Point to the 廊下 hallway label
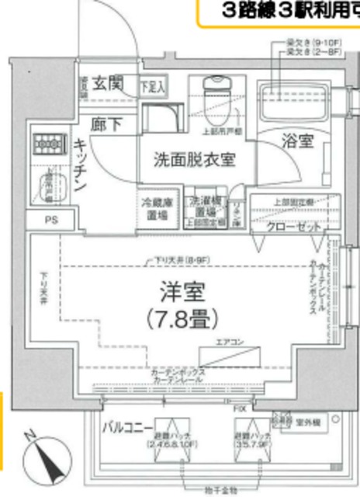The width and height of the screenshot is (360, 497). (103, 123)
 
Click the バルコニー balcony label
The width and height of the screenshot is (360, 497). (128, 428)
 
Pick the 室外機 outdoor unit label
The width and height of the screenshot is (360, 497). (310, 423)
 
